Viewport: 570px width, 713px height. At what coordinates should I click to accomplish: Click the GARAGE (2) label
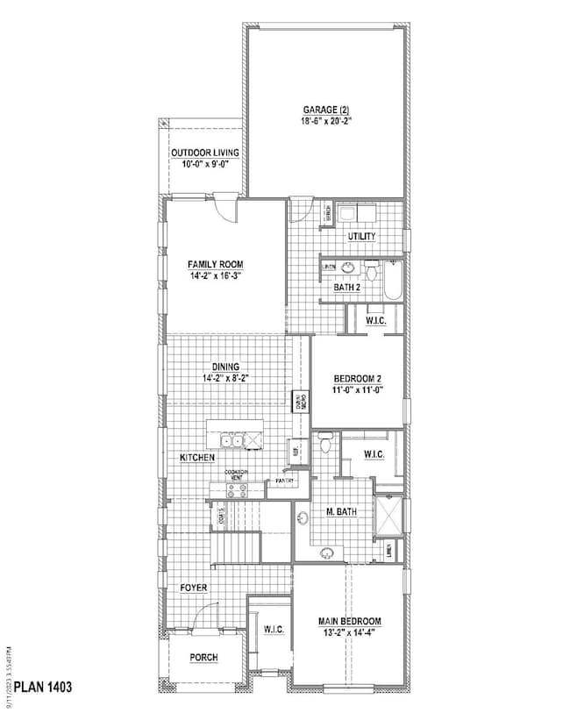coord(325,110)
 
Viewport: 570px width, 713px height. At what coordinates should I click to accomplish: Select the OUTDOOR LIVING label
coord(205,152)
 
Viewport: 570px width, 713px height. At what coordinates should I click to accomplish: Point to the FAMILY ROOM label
coord(215,264)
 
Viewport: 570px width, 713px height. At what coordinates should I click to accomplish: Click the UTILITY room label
coord(361,237)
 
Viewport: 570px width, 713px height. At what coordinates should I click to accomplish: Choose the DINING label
coord(225,367)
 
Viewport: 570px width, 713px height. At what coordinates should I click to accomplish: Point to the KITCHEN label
coord(196,459)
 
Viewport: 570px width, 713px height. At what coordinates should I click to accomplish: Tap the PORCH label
coord(203,657)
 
